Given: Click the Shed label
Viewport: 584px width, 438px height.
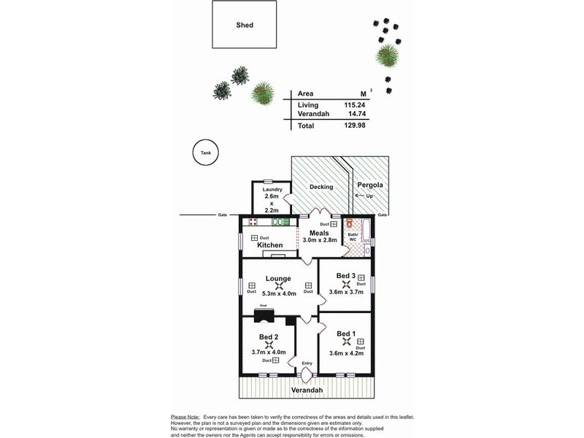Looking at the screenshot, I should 245,25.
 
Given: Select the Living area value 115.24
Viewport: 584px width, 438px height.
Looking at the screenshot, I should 354,105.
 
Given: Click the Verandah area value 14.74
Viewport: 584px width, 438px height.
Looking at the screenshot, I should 356,114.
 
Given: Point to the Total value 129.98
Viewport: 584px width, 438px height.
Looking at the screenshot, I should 354,126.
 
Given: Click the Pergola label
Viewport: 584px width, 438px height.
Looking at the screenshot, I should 370,185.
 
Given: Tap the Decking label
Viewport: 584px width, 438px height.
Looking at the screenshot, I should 321,187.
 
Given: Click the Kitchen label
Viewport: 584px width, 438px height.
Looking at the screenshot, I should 270,245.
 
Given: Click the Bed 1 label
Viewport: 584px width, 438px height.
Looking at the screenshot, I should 346,334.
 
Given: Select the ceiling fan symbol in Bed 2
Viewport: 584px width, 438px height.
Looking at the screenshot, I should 269,346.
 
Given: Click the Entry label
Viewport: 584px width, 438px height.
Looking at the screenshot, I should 307,363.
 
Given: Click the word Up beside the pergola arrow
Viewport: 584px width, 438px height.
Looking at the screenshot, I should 369,197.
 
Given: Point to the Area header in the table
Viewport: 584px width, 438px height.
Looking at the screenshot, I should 306,93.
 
